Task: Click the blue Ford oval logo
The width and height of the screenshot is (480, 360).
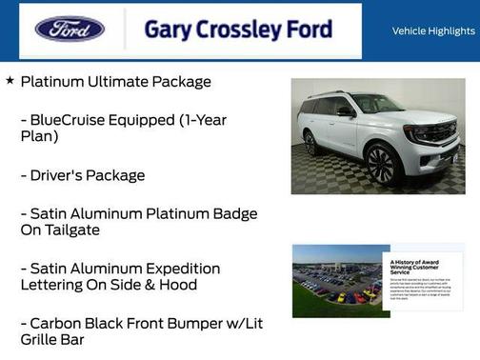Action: pyautogui.click(x=70, y=29)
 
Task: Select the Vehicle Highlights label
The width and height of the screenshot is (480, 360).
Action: pyautogui.click(x=433, y=31)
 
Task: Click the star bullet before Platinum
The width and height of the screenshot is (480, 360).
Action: pyautogui.click(x=10, y=81)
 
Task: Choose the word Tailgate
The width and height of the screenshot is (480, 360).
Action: pyautogui.click(x=70, y=230)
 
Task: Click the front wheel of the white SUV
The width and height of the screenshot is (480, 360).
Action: pyautogui.click(x=381, y=163)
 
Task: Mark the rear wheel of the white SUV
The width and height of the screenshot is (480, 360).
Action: pyautogui.click(x=310, y=143)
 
